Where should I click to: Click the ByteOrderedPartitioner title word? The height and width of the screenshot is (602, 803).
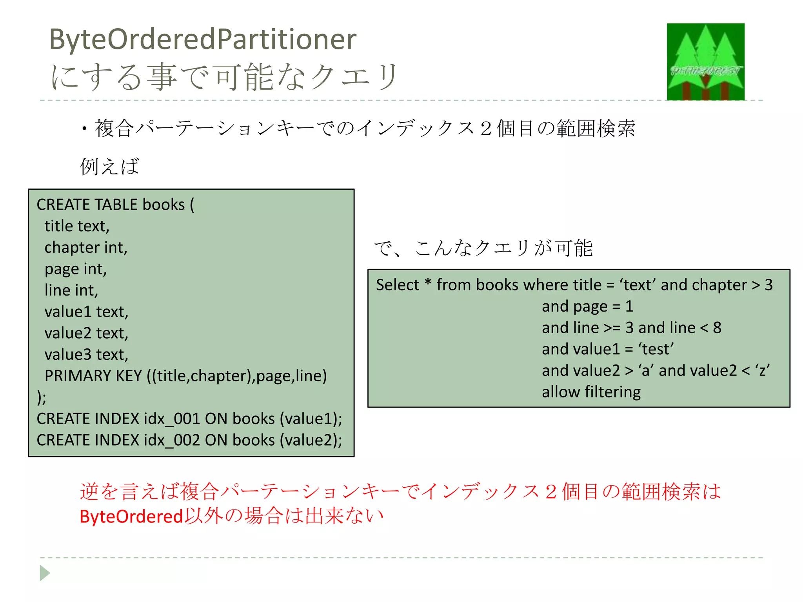point(203,40)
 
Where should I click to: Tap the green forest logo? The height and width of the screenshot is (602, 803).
point(705,62)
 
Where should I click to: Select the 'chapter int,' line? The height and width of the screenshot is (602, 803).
point(86,247)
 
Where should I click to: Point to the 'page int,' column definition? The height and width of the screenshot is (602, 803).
point(76,269)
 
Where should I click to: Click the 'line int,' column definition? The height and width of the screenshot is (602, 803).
point(71,290)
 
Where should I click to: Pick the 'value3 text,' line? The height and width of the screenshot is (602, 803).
point(86,354)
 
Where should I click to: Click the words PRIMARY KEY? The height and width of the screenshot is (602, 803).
point(93,376)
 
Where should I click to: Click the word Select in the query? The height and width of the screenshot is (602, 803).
point(397,285)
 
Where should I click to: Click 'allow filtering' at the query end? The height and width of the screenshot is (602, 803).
point(591,392)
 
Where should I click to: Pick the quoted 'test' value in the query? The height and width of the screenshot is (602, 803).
point(656,349)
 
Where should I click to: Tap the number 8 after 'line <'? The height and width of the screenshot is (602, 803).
point(717,328)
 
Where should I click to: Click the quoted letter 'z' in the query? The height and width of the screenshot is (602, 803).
point(762,370)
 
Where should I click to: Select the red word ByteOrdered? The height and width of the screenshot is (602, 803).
point(131,517)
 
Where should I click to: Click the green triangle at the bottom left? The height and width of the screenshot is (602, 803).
point(45,573)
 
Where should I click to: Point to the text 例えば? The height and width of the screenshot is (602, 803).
point(109,166)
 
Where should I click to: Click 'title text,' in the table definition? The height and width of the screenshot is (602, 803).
point(77,226)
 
